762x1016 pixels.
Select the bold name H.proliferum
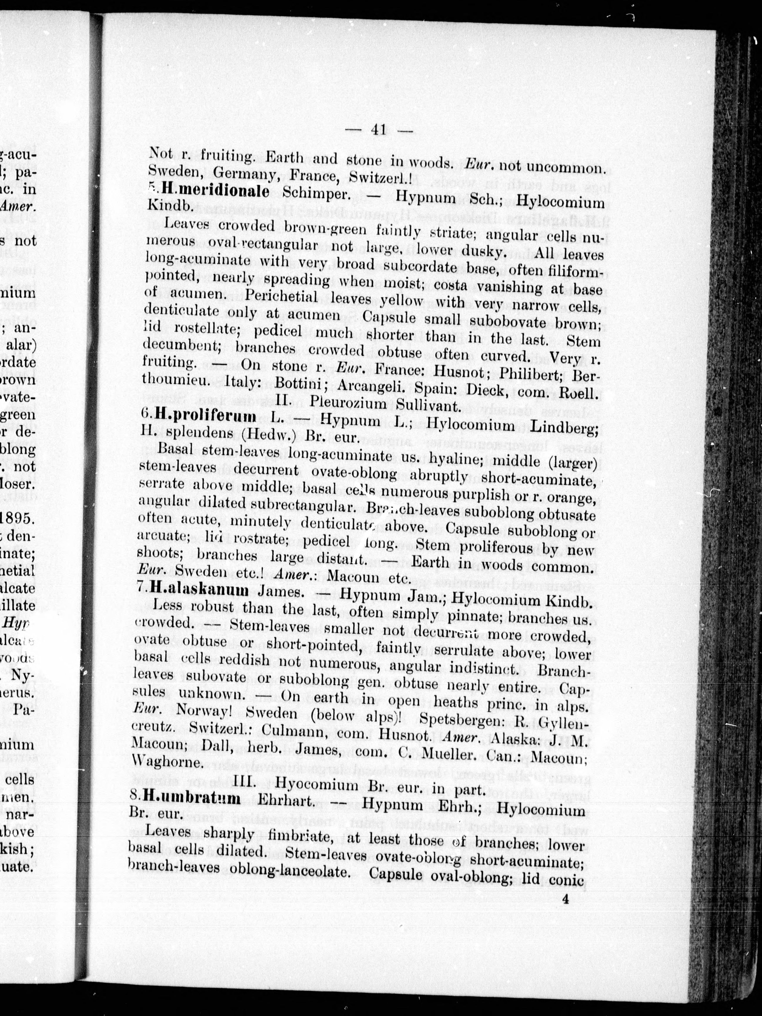click(205, 416)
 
